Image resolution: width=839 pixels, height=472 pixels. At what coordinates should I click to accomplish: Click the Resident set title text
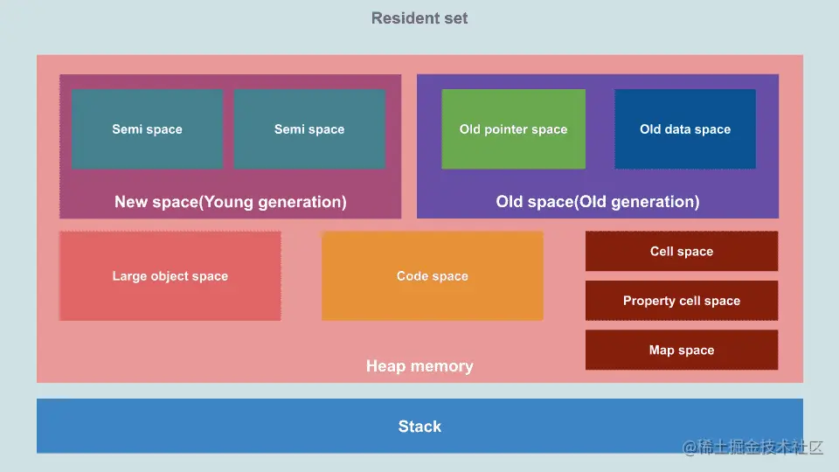[x=419, y=18]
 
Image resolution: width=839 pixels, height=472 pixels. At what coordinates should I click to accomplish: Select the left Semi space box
[x=147, y=129]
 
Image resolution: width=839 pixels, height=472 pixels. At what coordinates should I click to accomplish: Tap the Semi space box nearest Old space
[x=309, y=129]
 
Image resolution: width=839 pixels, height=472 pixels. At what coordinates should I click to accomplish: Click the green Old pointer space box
[x=513, y=129]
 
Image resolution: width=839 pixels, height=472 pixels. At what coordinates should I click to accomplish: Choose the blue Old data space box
[x=684, y=129]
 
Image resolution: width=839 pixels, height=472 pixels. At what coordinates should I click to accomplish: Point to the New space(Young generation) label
[x=231, y=202]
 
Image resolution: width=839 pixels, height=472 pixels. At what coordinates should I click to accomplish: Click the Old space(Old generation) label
[x=598, y=202]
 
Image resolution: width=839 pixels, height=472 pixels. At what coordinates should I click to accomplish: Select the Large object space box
[x=170, y=276]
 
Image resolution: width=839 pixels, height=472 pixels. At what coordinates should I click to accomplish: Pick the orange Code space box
[x=432, y=276]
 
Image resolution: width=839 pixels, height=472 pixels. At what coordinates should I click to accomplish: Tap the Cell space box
[x=682, y=252]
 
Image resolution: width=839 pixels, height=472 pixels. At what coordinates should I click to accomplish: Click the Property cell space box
[x=682, y=301]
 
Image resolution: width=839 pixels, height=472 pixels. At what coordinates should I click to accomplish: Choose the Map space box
[x=682, y=351]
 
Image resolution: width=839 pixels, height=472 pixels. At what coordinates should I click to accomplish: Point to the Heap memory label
[x=419, y=366]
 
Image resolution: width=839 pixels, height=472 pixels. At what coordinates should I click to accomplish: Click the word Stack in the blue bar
[x=419, y=427]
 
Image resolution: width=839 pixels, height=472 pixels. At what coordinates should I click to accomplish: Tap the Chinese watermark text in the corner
[x=753, y=448]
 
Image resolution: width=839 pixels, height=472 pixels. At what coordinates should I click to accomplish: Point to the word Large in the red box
[x=130, y=276]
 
